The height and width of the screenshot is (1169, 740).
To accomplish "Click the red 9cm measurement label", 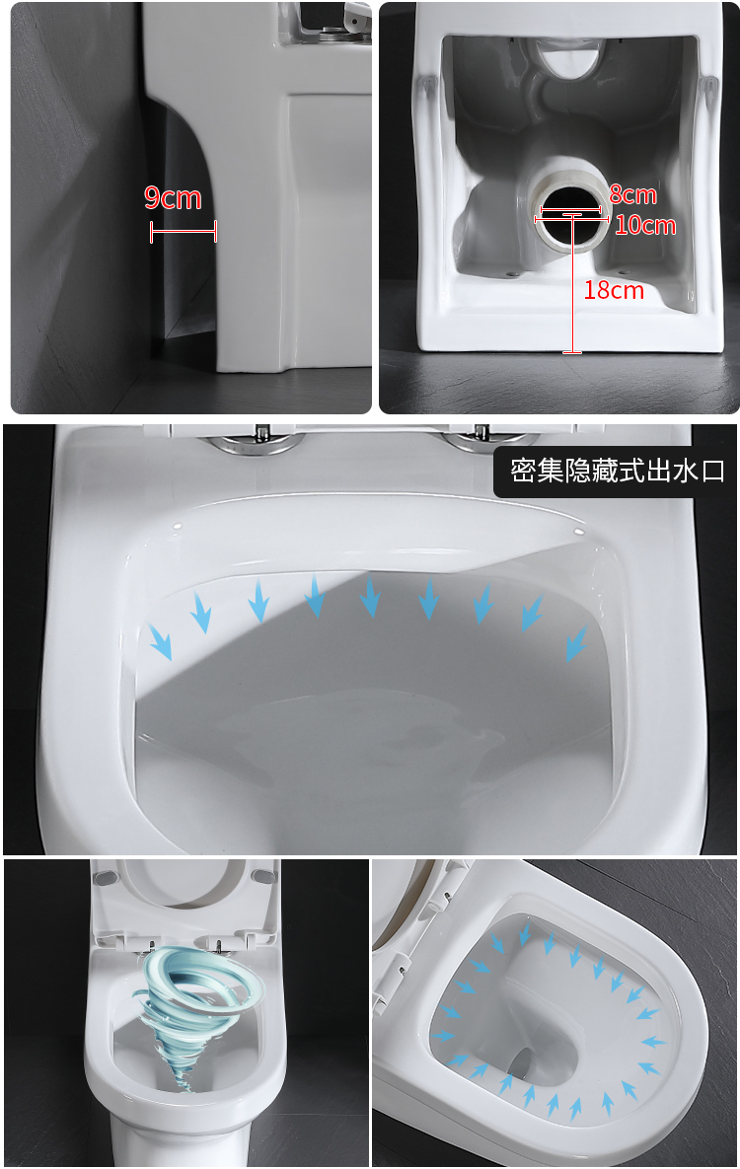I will pyautogui.click(x=173, y=198).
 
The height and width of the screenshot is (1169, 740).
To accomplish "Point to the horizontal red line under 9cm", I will pyautogui.click(x=183, y=232).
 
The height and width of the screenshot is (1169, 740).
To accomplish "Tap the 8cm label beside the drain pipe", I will pyautogui.click(x=632, y=194).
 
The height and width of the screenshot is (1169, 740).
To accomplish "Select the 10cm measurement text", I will pyautogui.click(x=645, y=226).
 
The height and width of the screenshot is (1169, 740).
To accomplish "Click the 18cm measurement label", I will pyautogui.click(x=614, y=290).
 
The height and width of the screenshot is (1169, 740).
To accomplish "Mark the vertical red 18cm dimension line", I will pyautogui.click(x=572, y=286).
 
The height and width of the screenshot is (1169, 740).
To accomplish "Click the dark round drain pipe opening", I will pyautogui.click(x=571, y=223).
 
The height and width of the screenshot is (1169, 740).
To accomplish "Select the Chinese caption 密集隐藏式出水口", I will pyautogui.click(x=617, y=472).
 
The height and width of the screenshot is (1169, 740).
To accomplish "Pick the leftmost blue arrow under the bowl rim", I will pyautogui.click(x=160, y=641).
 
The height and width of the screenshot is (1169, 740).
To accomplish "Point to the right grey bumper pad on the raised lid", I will pyautogui.click(x=261, y=876).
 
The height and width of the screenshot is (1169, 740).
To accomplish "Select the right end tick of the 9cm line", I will pyautogui.click(x=215, y=232).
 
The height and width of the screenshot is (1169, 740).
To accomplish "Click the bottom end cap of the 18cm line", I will pyautogui.click(x=572, y=352).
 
